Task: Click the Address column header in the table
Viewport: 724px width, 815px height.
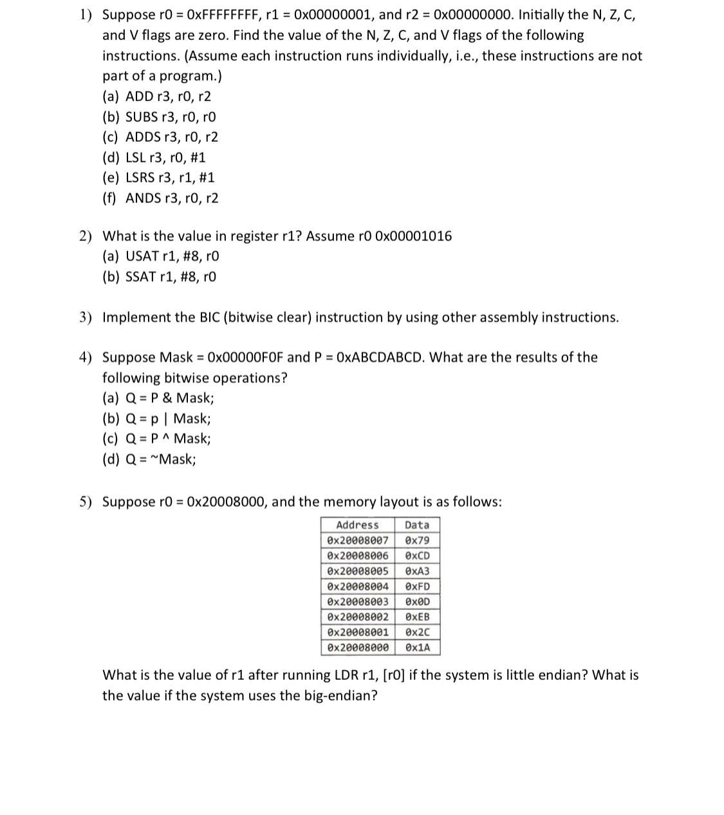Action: [x=357, y=525]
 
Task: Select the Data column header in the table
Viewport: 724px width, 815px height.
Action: [x=416, y=525]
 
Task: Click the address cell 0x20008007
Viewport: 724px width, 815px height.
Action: [x=357, y=541]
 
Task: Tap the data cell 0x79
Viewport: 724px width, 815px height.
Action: [x=417, y=541]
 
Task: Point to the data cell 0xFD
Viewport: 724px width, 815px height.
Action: [x=417, y=586]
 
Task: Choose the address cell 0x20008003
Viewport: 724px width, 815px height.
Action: [x=357, y=602]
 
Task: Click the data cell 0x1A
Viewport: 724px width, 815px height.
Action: [x=417, y=648]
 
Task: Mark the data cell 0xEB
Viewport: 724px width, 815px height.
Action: [x=417, y=617]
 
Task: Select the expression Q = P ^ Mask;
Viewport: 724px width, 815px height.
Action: [x=157, y=439]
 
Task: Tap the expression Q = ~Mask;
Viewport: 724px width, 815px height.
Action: [x=150, y=460]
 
